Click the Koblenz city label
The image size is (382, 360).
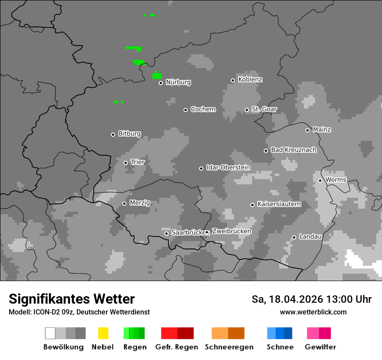pos(250,80)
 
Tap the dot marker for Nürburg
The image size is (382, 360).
pos(161,83)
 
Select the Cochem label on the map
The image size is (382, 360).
pos(203,109)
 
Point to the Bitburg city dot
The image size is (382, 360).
pos(113,134)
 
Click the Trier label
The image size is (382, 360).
pos(138,162)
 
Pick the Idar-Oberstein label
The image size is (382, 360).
pos(228,168)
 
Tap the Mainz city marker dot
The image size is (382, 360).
pos(307,130)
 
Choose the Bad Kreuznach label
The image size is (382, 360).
pos(293,150)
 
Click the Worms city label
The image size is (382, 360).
pos(336,180)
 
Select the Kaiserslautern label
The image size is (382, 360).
pos(279,204)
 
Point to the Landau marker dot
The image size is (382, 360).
pos(294,237)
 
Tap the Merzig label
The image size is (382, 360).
pos(140,203)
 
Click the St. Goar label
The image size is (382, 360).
pos(264,109)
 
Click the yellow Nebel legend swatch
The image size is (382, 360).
pos(103,333)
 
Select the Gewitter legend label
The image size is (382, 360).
pos(320,347)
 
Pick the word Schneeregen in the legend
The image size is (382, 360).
pos(229,347)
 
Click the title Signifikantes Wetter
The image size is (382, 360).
pos(72,299)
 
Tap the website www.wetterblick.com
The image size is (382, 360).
pos(313,312)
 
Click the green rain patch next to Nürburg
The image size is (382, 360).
pos(157,75)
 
